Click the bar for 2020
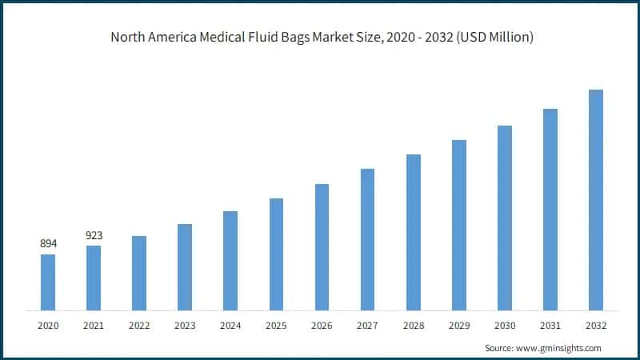pos(48,282)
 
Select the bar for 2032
pos(596,200)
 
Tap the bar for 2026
pos(322,246)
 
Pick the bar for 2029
pos(459,225)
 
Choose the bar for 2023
pos(185,266)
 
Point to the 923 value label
pos(94,235)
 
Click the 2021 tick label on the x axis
pos(94,326)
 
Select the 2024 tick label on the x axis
pos(230,326)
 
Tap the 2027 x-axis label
pos(367,326)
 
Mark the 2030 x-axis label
pos(504,326)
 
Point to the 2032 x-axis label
pos(596,326)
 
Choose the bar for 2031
pos(550,210)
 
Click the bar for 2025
pos(276,254)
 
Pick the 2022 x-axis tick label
pos(139,326)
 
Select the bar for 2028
pos(414,232)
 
